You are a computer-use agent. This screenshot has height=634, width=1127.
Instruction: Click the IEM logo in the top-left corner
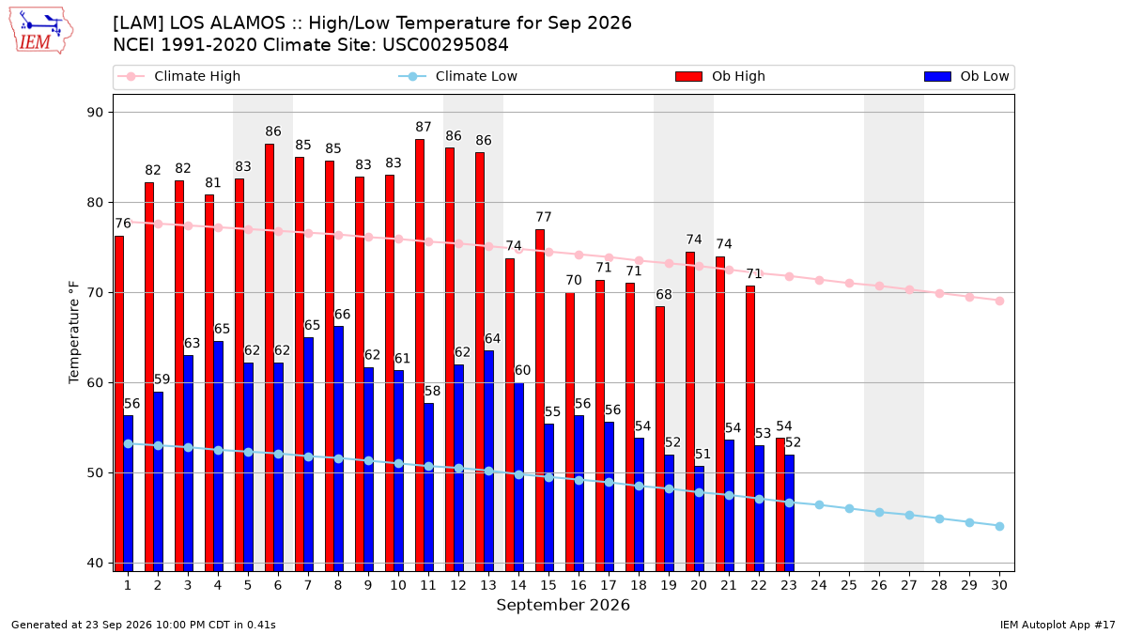coord(41,31)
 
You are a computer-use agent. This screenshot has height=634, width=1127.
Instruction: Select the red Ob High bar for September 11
coord(420,355)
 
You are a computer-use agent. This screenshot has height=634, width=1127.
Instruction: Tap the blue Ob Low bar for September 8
coord(339,449)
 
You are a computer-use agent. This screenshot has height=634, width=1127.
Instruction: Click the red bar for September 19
coord(660,439)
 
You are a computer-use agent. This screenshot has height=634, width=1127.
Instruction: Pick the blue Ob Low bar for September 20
coord(699,518)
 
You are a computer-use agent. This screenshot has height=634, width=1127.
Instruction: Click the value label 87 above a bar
coord(424,128)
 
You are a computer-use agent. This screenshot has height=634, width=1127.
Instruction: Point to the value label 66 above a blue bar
coord(342,315)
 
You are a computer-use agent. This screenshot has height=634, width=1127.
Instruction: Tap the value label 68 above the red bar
coord(664,294)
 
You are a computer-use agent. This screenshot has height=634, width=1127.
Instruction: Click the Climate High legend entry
coord(179,76)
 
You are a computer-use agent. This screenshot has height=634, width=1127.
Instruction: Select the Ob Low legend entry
coord(966,76)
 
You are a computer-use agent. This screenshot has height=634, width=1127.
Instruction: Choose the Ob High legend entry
coord(720,76)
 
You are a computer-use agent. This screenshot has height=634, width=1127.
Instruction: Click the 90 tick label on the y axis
coord(95,112)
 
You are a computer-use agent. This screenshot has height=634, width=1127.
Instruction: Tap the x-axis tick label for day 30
coord(999,586)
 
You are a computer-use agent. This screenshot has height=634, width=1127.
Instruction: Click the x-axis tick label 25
coord(849,586)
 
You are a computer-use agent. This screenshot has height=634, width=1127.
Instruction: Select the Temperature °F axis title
coord(74,332)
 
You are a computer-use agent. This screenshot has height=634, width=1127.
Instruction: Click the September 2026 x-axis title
coord(563,605)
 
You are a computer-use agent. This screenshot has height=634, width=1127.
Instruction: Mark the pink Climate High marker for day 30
coord(999,301)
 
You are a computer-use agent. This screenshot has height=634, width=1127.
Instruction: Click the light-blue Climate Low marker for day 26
coord(879,512)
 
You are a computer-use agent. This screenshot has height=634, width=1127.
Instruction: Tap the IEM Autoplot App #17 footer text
coord(1058,625)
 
